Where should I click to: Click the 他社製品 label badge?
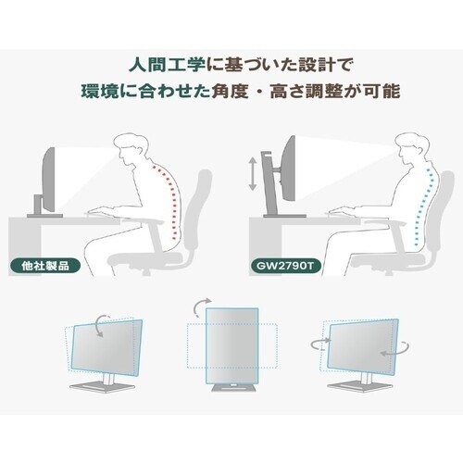click(45, 266)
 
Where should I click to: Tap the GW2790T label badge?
click(285, 266)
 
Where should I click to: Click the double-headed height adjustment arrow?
click(253, 173)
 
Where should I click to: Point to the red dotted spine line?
click(170, 201)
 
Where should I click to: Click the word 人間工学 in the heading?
click(167, 66)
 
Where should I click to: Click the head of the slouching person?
click(131, 151)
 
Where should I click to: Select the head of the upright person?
click(411, 151)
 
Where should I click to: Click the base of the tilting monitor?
click(98, 387)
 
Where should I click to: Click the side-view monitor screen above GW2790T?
click(289, 169)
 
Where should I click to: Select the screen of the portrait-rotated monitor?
click(232, 345)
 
